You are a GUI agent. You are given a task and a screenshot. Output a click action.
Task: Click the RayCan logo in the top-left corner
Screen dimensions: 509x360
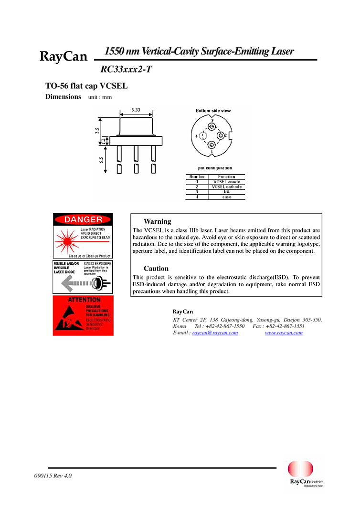[62, 57]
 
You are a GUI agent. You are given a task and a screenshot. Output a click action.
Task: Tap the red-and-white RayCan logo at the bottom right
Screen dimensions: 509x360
[304, 474]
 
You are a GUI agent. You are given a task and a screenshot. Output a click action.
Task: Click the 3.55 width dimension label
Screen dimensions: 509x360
[136, 110]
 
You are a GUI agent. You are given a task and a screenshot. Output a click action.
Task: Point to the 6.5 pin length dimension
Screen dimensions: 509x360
[102, 160]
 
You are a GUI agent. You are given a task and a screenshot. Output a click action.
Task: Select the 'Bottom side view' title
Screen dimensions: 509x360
[213, 111]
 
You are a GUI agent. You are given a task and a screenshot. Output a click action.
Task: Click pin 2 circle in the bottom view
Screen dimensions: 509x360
[221, 136]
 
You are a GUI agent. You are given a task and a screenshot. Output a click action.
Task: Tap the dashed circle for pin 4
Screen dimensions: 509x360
[203, 136]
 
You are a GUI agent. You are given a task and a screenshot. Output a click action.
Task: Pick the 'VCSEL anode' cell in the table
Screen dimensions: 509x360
[227, 182]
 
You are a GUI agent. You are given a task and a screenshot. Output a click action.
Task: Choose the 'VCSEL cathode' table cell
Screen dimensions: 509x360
[227, 187]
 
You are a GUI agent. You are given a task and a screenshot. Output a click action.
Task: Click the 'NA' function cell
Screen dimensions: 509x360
[227, 192]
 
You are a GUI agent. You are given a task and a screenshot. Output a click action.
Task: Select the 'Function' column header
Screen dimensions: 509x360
[227, 177]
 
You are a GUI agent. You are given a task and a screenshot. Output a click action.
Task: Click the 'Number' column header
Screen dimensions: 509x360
[197, 177]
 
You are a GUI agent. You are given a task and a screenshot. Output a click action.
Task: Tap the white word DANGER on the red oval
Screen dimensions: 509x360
[83, 219]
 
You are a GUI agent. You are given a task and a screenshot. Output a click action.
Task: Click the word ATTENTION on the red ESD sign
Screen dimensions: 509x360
[84, 300]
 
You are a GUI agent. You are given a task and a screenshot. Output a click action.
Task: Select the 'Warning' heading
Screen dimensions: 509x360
[157, 221]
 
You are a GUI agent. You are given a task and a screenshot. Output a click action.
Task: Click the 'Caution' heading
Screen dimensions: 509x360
[156, 269]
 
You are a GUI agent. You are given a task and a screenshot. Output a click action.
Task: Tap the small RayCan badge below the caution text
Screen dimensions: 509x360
[182, 312]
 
